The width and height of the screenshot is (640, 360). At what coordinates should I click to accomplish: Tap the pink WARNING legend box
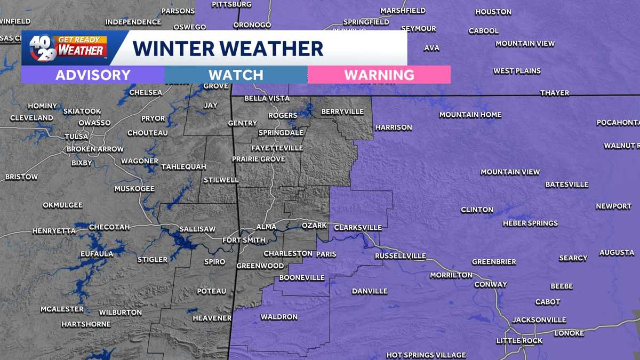379,75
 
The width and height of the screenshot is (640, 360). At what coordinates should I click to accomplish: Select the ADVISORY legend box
93,75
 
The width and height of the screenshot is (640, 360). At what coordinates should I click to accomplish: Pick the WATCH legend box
236,75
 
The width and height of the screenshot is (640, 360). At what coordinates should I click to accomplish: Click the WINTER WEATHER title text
228,48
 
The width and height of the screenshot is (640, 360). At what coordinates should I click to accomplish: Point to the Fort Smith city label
244,240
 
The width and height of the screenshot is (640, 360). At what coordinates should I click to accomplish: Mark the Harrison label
394,127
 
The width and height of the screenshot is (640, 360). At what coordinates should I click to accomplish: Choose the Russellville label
401,256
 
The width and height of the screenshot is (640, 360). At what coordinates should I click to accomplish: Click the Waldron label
279,317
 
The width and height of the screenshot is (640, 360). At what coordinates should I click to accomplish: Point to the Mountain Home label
470,115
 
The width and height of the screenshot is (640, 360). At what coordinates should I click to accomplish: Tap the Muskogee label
134,189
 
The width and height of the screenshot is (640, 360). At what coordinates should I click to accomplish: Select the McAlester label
62,309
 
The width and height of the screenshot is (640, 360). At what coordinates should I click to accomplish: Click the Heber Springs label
530,223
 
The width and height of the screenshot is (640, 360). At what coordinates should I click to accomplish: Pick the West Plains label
517,71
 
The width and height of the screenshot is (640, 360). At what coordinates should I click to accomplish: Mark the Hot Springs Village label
426,355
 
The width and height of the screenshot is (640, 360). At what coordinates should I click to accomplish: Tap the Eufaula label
97,254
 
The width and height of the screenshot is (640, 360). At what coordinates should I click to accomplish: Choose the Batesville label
566,185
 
